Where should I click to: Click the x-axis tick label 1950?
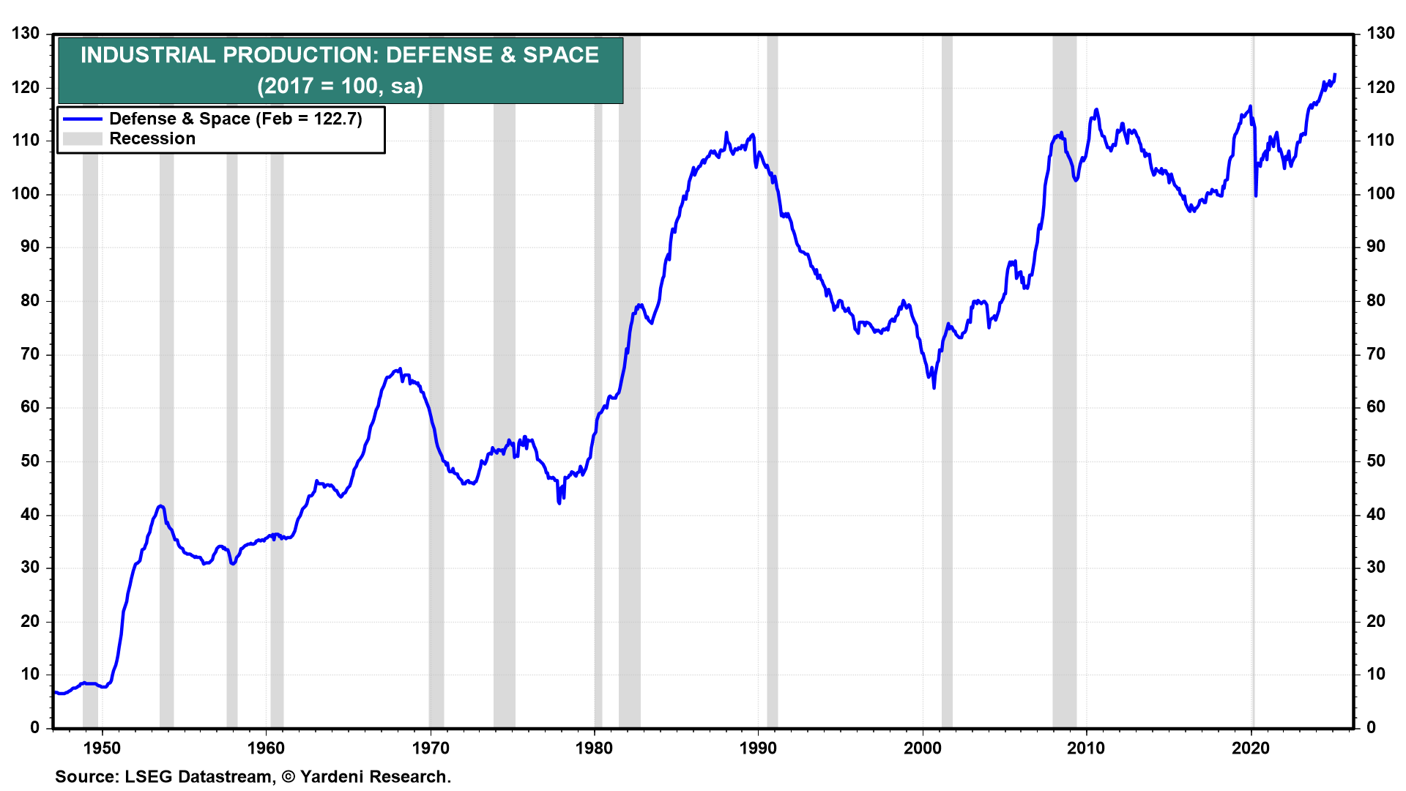(x=102, y=748)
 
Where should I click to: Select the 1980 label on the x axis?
(x=594, y=748)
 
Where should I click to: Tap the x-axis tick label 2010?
(x=1086, y=748)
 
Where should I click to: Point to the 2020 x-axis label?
(x=1250, y=748)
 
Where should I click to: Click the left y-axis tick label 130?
(x=26, y=34)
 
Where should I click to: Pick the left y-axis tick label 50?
(x=30, y=461)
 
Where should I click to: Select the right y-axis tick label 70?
(x=1376, y=354)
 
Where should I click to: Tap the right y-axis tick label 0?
(x=1371, y=727)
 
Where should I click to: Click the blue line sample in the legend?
(x=82, y=119)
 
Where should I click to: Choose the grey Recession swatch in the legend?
(x=82, y=138)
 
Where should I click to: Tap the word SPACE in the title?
(x=561, y=55)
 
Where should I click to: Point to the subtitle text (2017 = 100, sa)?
(x=341, y=86)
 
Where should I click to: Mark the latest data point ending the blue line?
(x=1335, y=75)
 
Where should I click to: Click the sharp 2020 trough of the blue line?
(x=1256, y=196)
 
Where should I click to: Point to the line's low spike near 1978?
(x=559, y=503)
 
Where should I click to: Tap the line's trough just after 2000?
(x=934, y=387)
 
